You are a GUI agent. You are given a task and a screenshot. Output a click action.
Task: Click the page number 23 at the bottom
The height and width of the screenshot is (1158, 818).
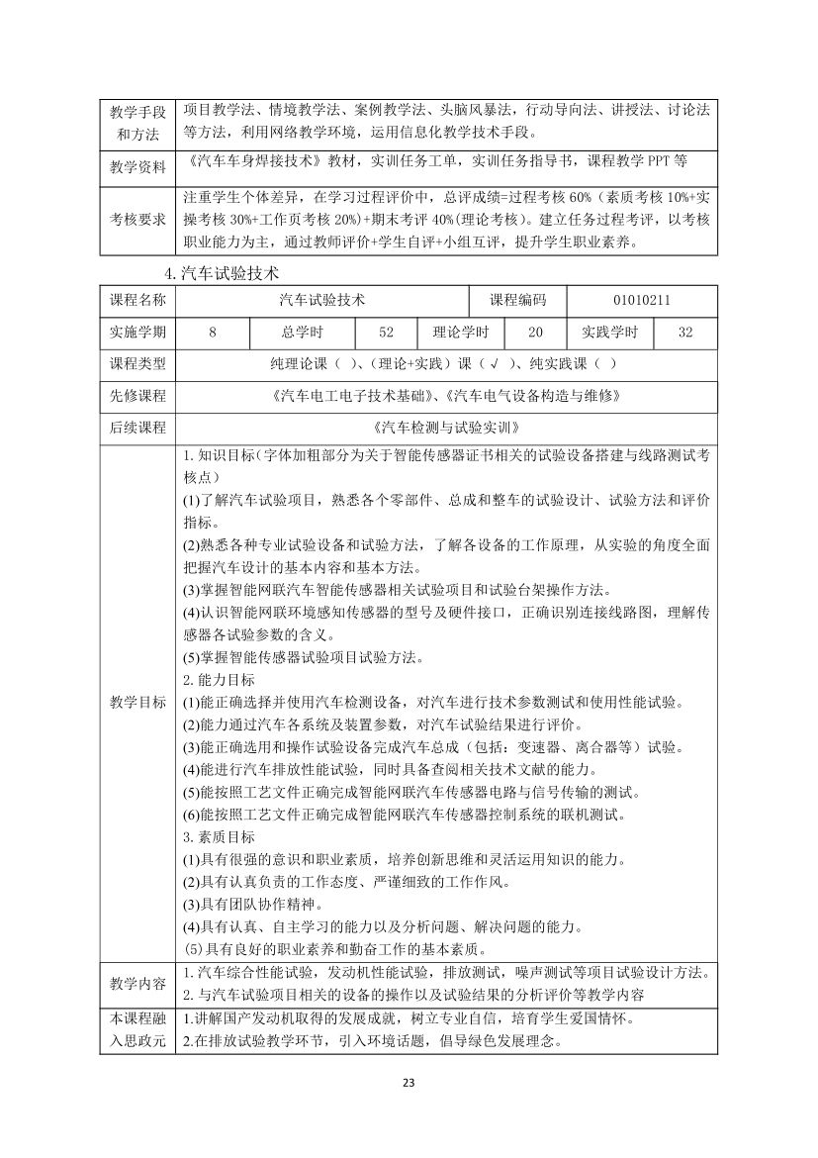click(409, 1082)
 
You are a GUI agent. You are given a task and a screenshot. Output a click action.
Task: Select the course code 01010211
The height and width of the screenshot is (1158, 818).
click(643, 300)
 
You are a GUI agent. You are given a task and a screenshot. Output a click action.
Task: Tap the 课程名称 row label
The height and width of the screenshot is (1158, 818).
click(137, 300)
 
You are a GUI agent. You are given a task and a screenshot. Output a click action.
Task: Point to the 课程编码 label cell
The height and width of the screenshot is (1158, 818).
click(517, 300)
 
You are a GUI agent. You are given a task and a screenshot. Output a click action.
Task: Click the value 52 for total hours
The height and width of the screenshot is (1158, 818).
click(385, 333)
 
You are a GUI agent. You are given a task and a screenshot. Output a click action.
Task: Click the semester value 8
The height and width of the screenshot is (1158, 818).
click(212, 333)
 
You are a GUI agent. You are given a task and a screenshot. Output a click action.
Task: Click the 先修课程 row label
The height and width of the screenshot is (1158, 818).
click(137, 396)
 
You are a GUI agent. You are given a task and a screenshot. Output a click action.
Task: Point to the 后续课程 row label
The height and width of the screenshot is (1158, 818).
click(137, 429)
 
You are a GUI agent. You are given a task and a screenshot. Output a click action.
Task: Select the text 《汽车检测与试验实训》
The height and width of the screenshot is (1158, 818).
click(443, 429)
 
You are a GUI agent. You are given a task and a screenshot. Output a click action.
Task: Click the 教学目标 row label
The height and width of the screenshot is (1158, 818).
click(137, 702)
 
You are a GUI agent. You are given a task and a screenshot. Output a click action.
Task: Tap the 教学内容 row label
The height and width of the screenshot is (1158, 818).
click(137, 983)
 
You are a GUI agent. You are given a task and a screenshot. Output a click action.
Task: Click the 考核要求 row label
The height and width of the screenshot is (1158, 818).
click(137, 218)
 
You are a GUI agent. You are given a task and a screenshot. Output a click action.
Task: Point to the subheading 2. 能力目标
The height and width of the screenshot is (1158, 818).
click(219, 680)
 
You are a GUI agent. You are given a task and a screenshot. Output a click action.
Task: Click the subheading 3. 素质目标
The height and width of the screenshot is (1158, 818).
click(219, 836)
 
